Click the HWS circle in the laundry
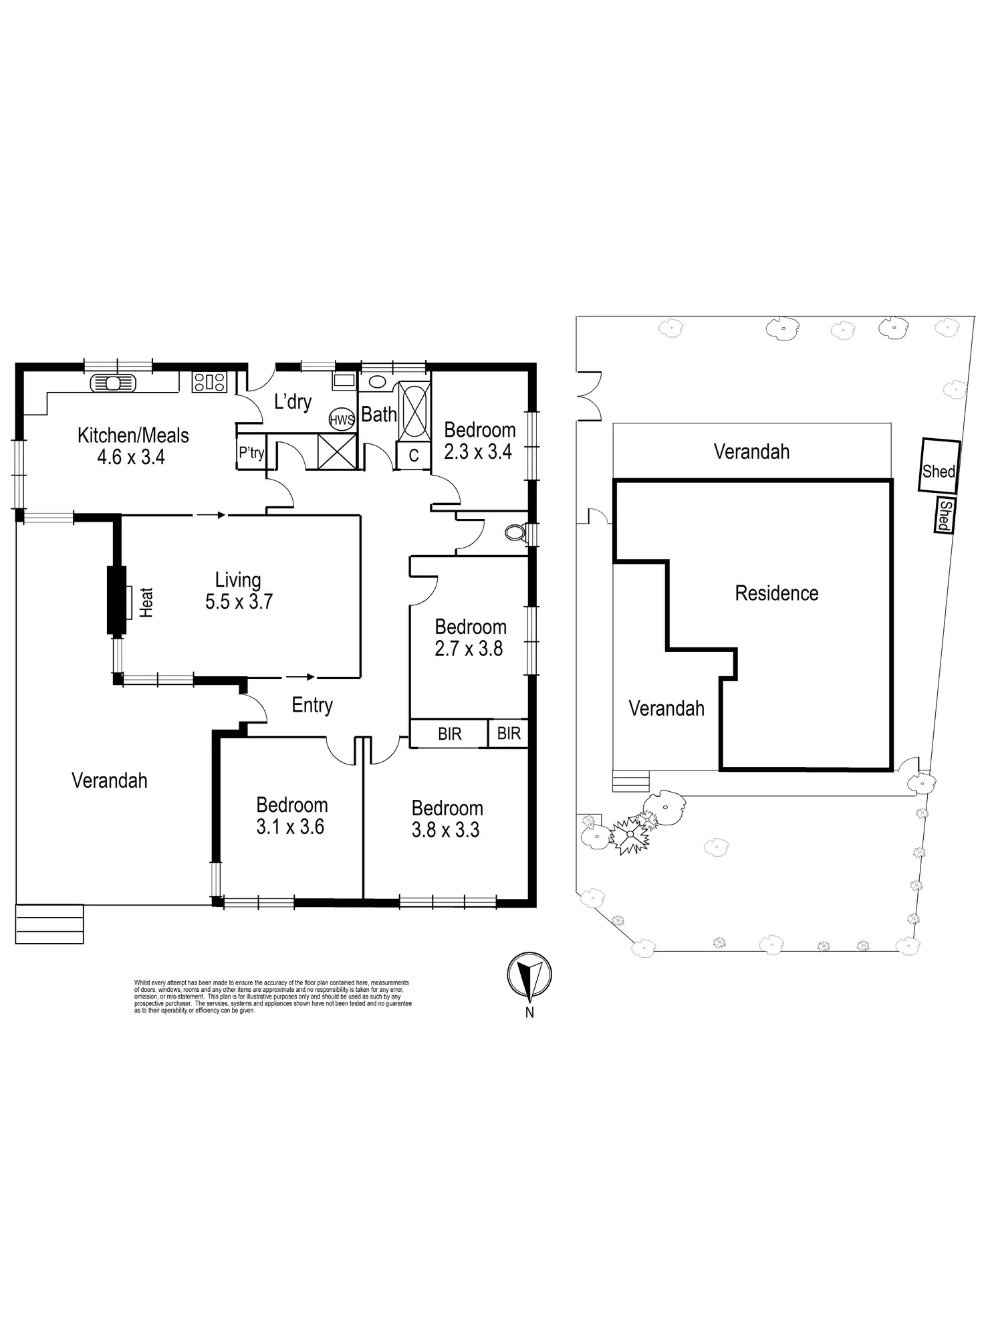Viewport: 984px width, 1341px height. click(x=342, y=420)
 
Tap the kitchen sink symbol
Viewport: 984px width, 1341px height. click(x=113, y=383)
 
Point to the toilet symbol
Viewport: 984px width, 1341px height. click(x=515, y=532)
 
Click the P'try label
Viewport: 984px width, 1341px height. click(x=251, y=453)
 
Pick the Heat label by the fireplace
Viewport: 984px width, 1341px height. click(x=146, y=602)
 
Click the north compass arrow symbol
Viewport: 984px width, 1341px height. click(x=529, y=975)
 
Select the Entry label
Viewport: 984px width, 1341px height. click(x=312, y=705)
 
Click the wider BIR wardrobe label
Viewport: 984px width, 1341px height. click(x=449, y=734)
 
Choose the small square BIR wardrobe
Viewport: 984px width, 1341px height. click(x=509, y=734)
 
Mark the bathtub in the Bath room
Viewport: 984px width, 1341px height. click(x=414, y=411)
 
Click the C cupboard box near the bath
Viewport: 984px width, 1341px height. click(x=414, y=455)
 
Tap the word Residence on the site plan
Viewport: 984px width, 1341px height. click(x=776, y=593)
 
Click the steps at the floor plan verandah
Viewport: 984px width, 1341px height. click(x=49, y=924)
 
